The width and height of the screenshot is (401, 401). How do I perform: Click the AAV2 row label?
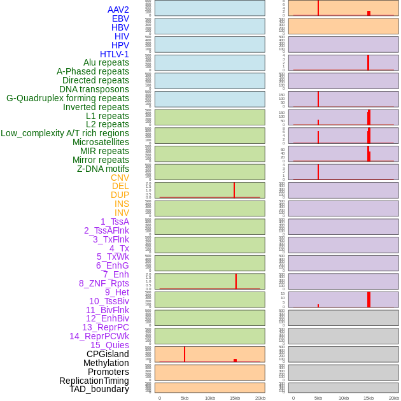(x=118, y=10)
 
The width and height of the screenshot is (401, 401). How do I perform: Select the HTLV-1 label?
(x=115, y=54)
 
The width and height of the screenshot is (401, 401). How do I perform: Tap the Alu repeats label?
(x=106, y=62)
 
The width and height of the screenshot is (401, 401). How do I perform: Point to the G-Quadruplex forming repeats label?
(x=67, y=98)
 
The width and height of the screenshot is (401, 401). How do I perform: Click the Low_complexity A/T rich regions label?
(x=65, y=133)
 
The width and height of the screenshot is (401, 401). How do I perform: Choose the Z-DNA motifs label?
(x=103, y=169)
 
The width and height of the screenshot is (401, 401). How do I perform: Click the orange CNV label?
(x=120, y=178)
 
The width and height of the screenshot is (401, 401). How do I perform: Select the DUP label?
(x=120, y=195)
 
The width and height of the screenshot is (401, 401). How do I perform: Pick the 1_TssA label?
(x=115, y=222)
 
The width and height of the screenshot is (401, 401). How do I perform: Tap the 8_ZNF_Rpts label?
(x=104, y=283)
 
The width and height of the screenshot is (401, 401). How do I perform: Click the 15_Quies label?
(x=109, y=345)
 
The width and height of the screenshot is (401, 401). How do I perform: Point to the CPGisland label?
(x=108, y=354)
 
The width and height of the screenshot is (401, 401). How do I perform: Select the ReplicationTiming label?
(x=94, y=381)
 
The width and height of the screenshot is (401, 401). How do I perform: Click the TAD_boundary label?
(x=99, y=389)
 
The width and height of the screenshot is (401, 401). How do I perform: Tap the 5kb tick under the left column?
(x=185, y=398)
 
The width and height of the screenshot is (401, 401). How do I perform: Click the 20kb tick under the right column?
(x=394, y=398)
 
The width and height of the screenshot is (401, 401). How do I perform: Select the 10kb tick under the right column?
(x=344, y=398)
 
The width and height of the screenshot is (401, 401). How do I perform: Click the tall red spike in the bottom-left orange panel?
(x=185, y=354)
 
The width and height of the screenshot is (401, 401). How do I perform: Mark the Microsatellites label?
(x=101, y=142)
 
